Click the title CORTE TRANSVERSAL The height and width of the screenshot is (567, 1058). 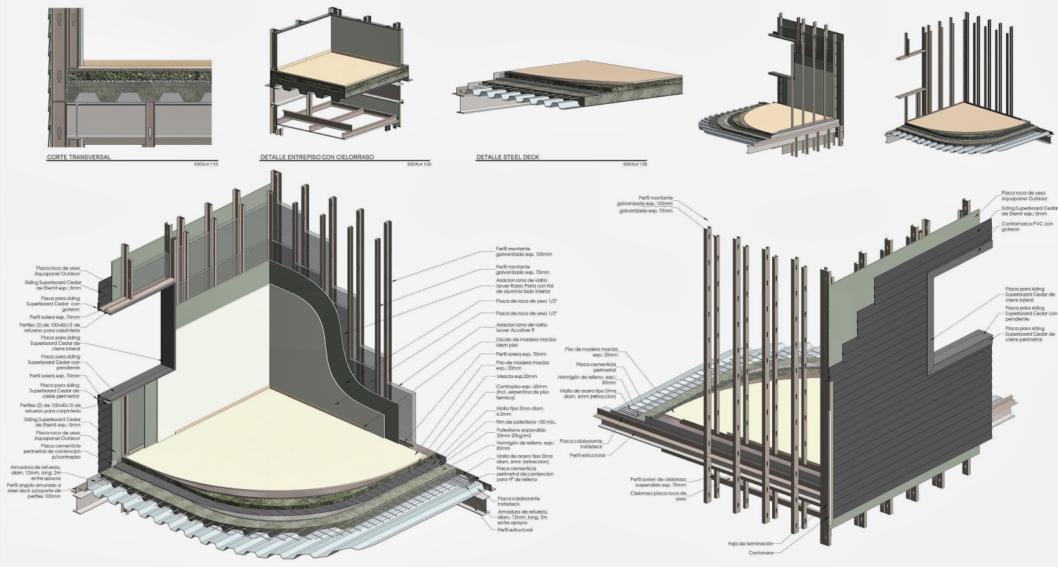[78, 158]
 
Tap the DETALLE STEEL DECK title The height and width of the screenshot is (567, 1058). [507, 158]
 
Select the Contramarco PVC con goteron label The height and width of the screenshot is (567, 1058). [1027, 226]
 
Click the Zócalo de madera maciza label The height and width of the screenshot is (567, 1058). [521, 342]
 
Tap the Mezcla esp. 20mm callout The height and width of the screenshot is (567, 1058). [512, 376]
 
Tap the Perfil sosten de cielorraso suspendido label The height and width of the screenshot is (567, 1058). [658, 482]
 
